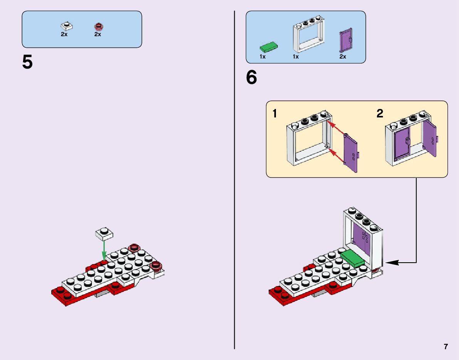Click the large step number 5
tap(27, 62)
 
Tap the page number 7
tap(446, 347)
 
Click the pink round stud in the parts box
tap(99, 27)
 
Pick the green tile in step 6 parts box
tap(269, 47)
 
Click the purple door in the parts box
tap(346, 40)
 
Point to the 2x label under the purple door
tap(343, 57)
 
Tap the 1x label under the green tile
tap(262, 57)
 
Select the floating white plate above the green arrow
tap(104, 233)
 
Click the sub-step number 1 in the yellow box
tap(274, 114)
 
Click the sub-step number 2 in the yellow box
tap(380, 114)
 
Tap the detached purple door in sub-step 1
tap(350, 152)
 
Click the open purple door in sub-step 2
tap(430, 138)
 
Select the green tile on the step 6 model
tap(352, 258)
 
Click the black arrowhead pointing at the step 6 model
tap(389, 263)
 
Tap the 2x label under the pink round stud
tap(98, 34)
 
